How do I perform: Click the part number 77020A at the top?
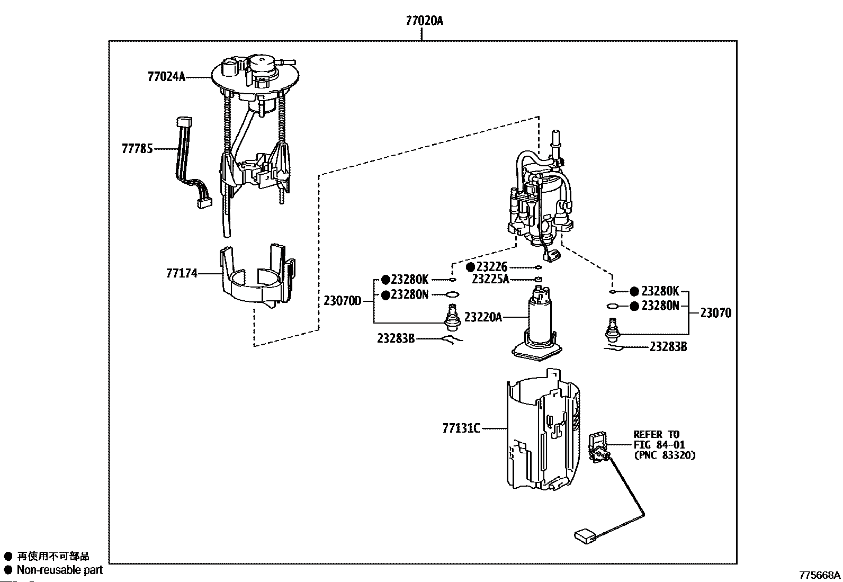[424, 21]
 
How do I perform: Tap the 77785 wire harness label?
[137, 149]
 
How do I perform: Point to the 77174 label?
[182, 273]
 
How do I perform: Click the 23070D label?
[342, 301]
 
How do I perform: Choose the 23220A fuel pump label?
[482, 317]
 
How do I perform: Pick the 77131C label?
[461, 428]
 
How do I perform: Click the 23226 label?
[491, 267]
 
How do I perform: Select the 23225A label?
[490, 279]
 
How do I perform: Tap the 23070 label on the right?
[715, 313]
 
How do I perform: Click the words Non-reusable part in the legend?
[60, 570]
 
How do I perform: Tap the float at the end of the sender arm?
[585, 536]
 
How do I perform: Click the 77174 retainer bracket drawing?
[258, 278]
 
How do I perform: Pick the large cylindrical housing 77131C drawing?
[543, 432]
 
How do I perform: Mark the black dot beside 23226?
[470, 267]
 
